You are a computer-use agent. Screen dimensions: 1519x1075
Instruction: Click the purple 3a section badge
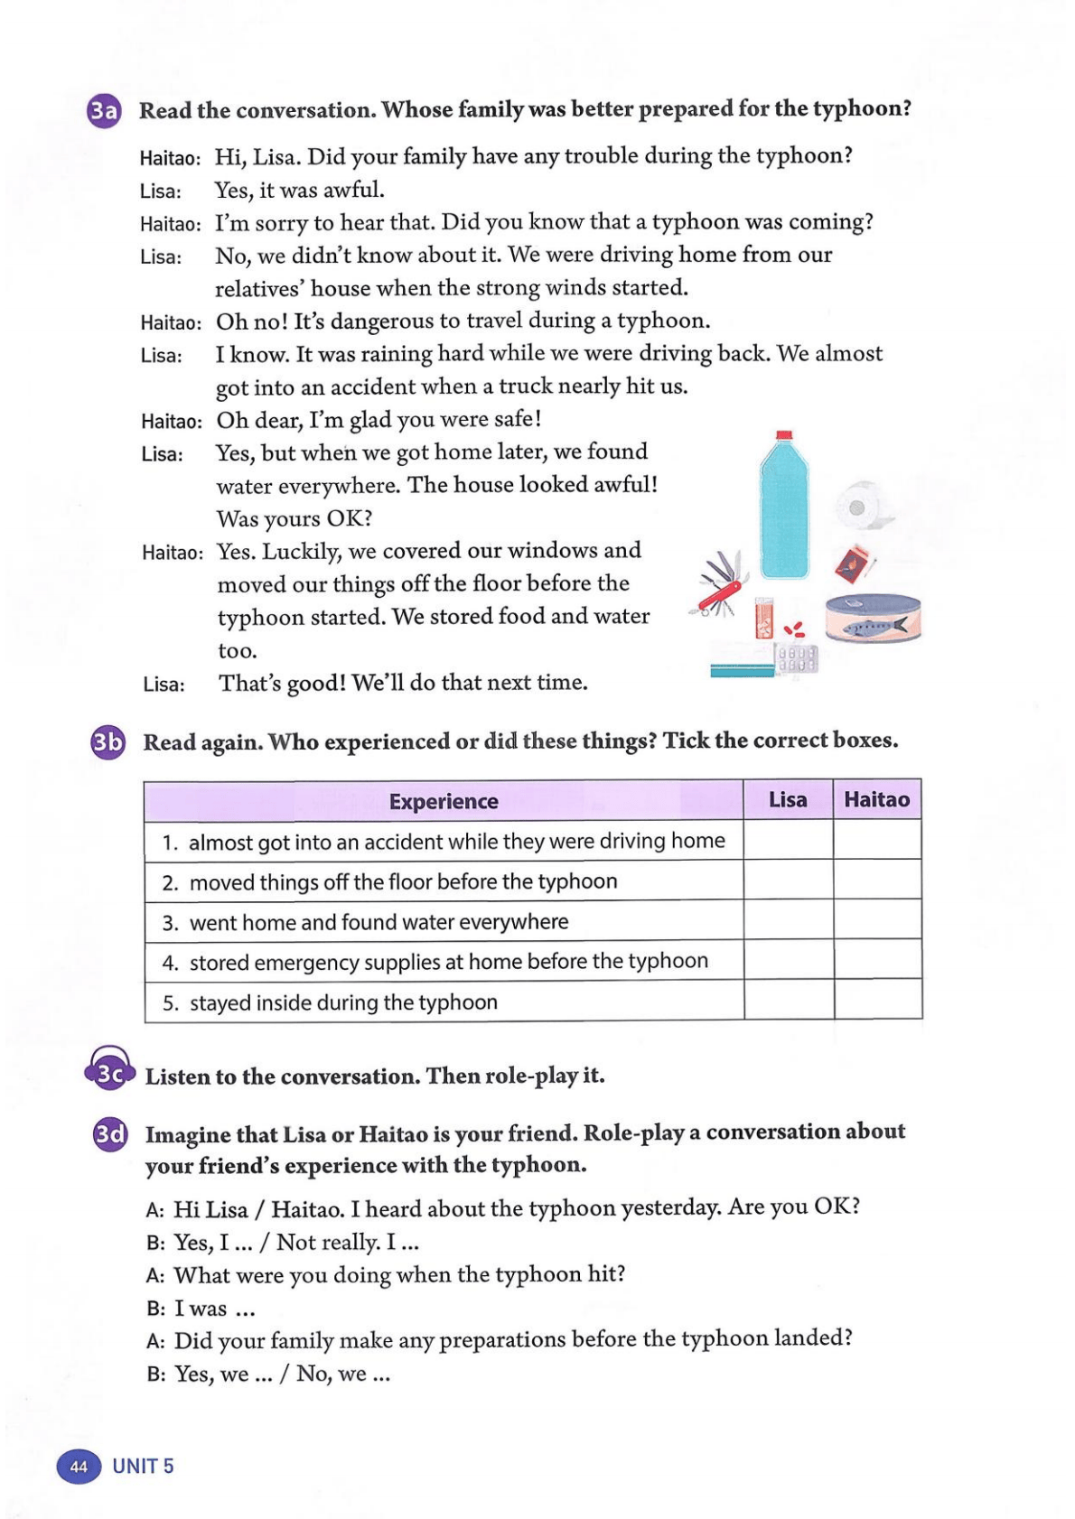point(104,111)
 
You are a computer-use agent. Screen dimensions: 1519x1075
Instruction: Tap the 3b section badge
point(107,742)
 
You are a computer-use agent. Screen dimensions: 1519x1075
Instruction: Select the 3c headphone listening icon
point(109,1071)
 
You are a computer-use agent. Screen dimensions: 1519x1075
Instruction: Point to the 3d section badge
point(110,1133)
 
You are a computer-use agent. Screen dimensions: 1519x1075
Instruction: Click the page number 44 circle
point(79,1466)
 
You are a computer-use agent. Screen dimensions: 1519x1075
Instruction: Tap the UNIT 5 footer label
point(143,1466)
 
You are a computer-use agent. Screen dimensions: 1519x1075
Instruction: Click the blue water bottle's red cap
point(784,435)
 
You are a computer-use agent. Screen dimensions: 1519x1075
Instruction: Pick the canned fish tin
point(873,620)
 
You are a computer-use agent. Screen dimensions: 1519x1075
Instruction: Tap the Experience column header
point(444,801)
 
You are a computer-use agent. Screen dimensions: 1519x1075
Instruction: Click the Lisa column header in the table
point(788,799)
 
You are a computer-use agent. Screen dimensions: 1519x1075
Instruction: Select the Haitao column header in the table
point(876,799)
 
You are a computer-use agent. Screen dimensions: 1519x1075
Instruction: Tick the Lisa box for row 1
point(788,840)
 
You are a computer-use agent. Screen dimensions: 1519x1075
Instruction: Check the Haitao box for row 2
point(877,880)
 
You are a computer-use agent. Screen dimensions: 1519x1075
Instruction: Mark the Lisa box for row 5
point(789,1000)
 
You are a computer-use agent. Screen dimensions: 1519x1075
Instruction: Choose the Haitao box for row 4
point(877,959)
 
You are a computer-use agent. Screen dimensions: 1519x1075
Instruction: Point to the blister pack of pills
point(797,658)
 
